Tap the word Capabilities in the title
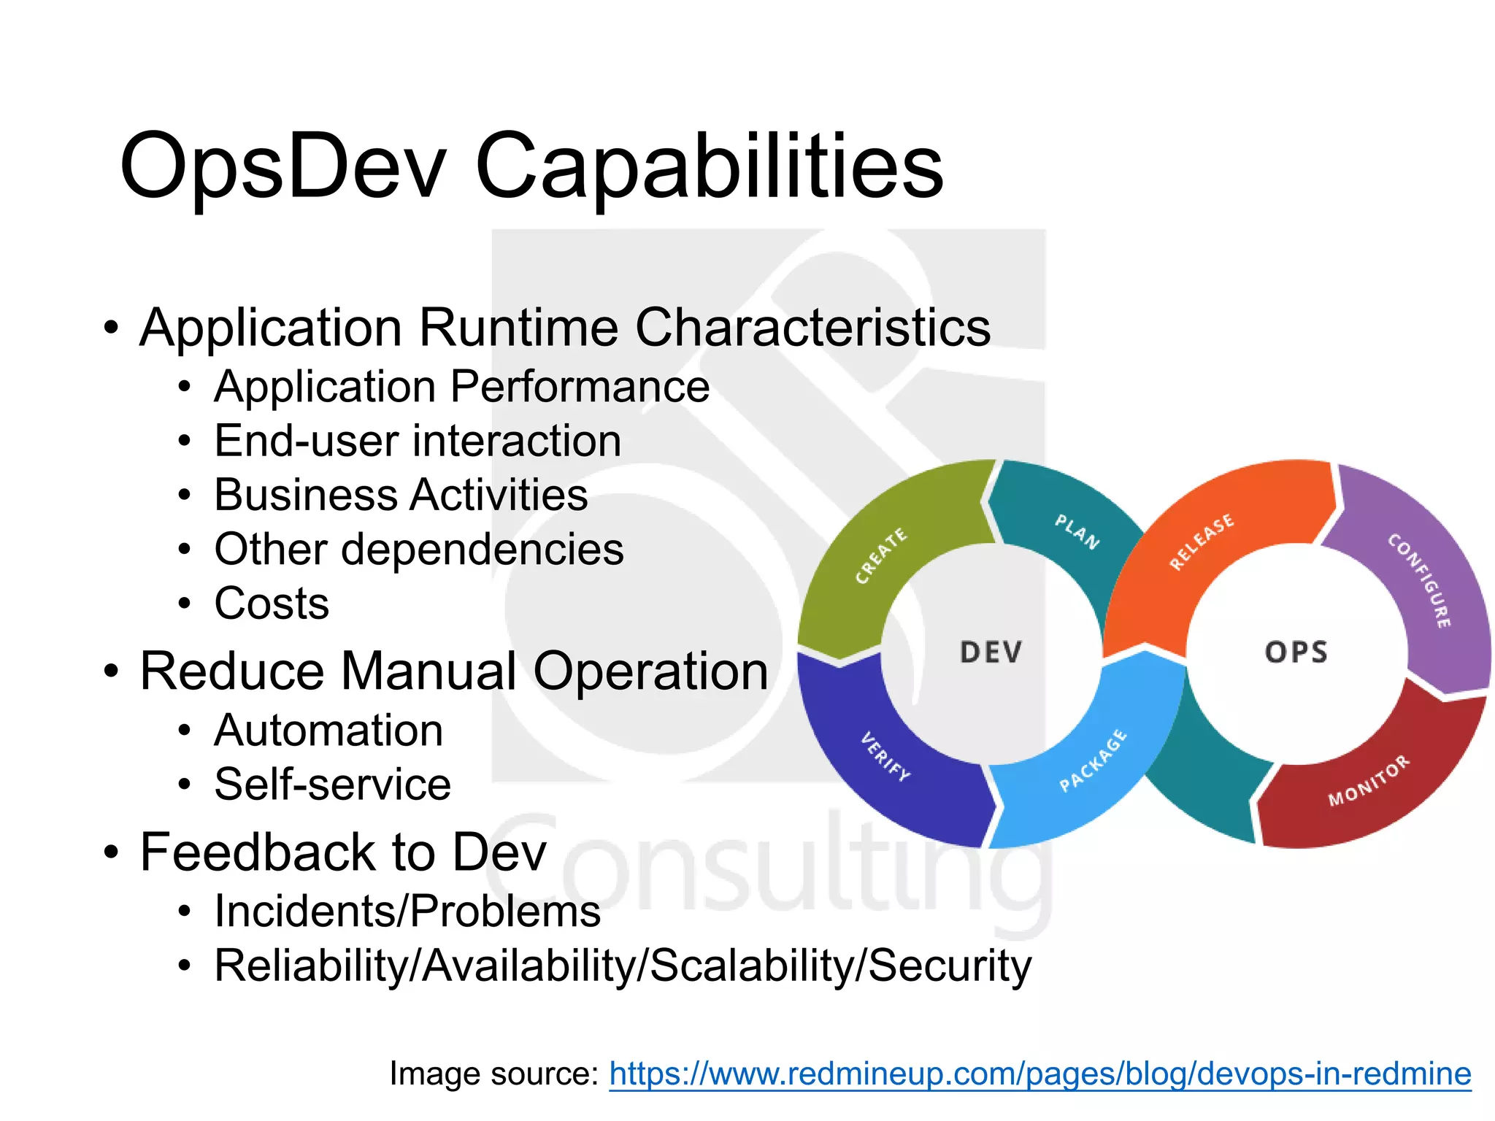(709, 166)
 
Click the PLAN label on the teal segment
(1077, 531)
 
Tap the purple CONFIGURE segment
(1420, 581)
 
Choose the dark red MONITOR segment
(1369, 781)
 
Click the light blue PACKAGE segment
(1093, 760)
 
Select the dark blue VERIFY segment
(885, 757)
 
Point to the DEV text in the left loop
(991, 652)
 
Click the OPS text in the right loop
(1296, 652)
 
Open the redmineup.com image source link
(1039, 1074)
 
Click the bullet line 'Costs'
(272, 604)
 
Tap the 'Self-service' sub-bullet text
(332, 785)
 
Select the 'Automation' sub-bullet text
(328, 731)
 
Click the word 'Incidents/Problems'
(407, 912)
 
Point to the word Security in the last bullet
(950, 966)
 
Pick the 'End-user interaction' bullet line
(418, 441)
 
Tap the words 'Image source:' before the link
(494, 1074)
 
